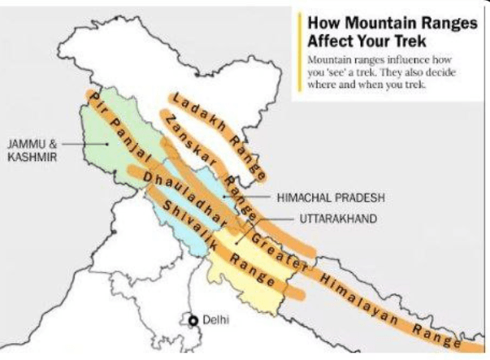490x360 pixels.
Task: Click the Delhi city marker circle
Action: [x=193, y=321]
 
